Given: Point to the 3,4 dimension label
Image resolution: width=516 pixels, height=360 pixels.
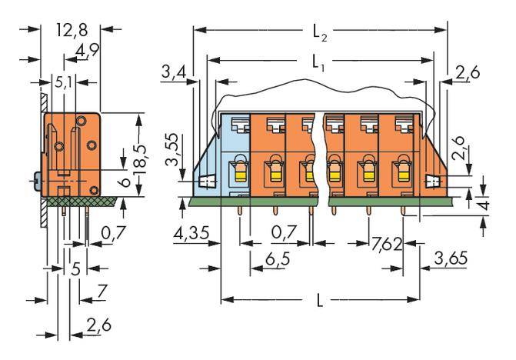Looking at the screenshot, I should pos(174,74).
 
